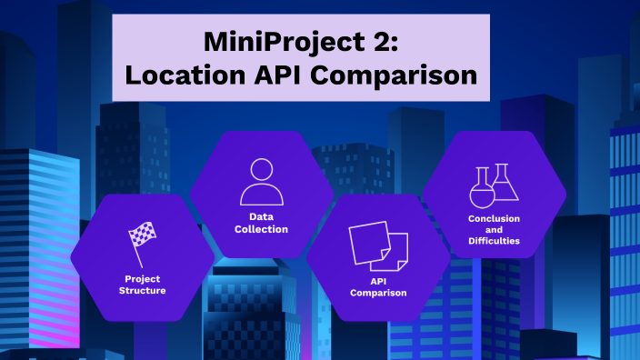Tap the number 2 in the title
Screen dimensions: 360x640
pyautogui.click(x=385, y=42)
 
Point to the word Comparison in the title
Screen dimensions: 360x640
pyautogui.click(x=401, y=75)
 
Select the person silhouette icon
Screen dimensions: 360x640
pyautogui.click(x=262, y=182)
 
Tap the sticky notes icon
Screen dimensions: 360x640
pyautogui.click(x=378, y=245)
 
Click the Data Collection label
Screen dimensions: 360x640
pyautogui.click(x=262, y=223)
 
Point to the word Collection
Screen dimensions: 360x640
pyautogui.click(x=262, y=229)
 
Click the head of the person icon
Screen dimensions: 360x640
pyautogui.click(x=262, y=170)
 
